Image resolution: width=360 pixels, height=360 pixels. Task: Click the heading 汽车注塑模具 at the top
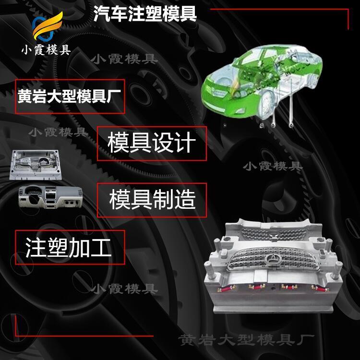click(145, 14)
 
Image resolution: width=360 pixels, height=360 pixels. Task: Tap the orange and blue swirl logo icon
click(47, 26)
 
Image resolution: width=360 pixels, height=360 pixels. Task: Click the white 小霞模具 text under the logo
click(46, 50)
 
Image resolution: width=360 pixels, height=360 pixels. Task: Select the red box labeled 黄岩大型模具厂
click(70, 96)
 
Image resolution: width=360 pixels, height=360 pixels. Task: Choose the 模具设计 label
click(152, 143)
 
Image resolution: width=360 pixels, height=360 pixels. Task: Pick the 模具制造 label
click(152, 200)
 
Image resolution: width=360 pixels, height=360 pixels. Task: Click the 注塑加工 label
click(68, 247)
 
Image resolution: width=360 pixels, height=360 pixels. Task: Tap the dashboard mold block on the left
click(36, 164)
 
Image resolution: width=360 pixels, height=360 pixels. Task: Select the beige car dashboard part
click(50, 197)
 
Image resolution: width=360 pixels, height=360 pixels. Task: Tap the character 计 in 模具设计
click(185, 143)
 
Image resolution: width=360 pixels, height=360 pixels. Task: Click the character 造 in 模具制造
click(185, 200)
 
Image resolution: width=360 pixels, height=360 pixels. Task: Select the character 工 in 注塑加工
click(101, 248)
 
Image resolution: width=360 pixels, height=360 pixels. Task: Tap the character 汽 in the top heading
click(101, 14)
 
